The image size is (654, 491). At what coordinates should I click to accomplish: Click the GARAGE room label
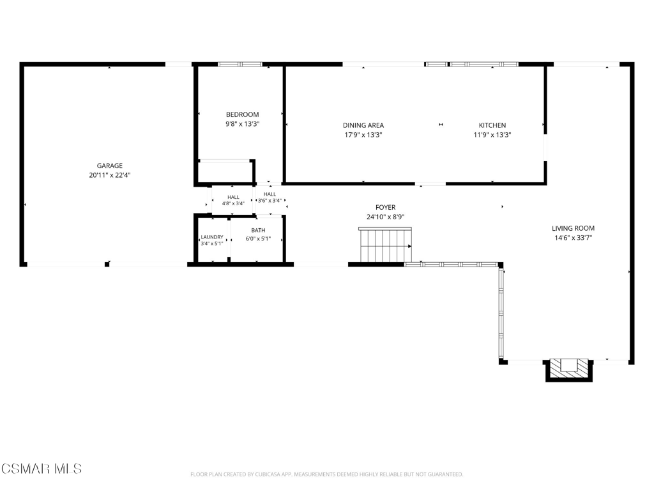[x=110, y=166]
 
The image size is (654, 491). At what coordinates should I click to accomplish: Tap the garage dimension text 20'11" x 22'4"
[x=110, y=175]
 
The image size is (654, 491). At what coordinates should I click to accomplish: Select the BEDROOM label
[x=242, y=114]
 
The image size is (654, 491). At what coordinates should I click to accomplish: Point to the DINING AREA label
[x=363, y=125]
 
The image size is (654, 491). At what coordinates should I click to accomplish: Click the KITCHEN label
[x=492, y=125]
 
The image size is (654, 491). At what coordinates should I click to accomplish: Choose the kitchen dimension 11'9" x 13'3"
[x=492, y=135]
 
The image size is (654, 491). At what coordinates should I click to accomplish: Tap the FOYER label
[x=385, y=207]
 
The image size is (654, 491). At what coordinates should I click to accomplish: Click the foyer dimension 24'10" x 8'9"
[x=385, y=217]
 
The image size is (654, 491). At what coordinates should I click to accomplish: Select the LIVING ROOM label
[x=573, y=228]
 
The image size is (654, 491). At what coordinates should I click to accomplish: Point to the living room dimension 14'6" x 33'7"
[x=573, y=238]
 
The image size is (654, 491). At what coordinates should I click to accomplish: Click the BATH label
[x=258, y=230]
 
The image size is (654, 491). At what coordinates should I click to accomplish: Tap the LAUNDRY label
[x=212, y=237]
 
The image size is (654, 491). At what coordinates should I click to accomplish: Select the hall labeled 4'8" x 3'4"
[x=233, y=200]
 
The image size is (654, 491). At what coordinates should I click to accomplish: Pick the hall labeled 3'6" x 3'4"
[x=270, y=198]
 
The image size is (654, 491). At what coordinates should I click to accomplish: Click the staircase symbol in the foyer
[x=385, y=245]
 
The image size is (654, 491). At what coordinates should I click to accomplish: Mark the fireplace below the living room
[x=569, y=370]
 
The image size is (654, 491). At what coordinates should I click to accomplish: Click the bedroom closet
[x=225, y=172]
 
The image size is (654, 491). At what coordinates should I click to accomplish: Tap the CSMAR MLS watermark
[x=42, y=469]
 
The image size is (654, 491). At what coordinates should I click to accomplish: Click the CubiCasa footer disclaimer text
[x=326, y=474]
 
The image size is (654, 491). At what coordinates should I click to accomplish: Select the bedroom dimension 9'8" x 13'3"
[x=242, y=124]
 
